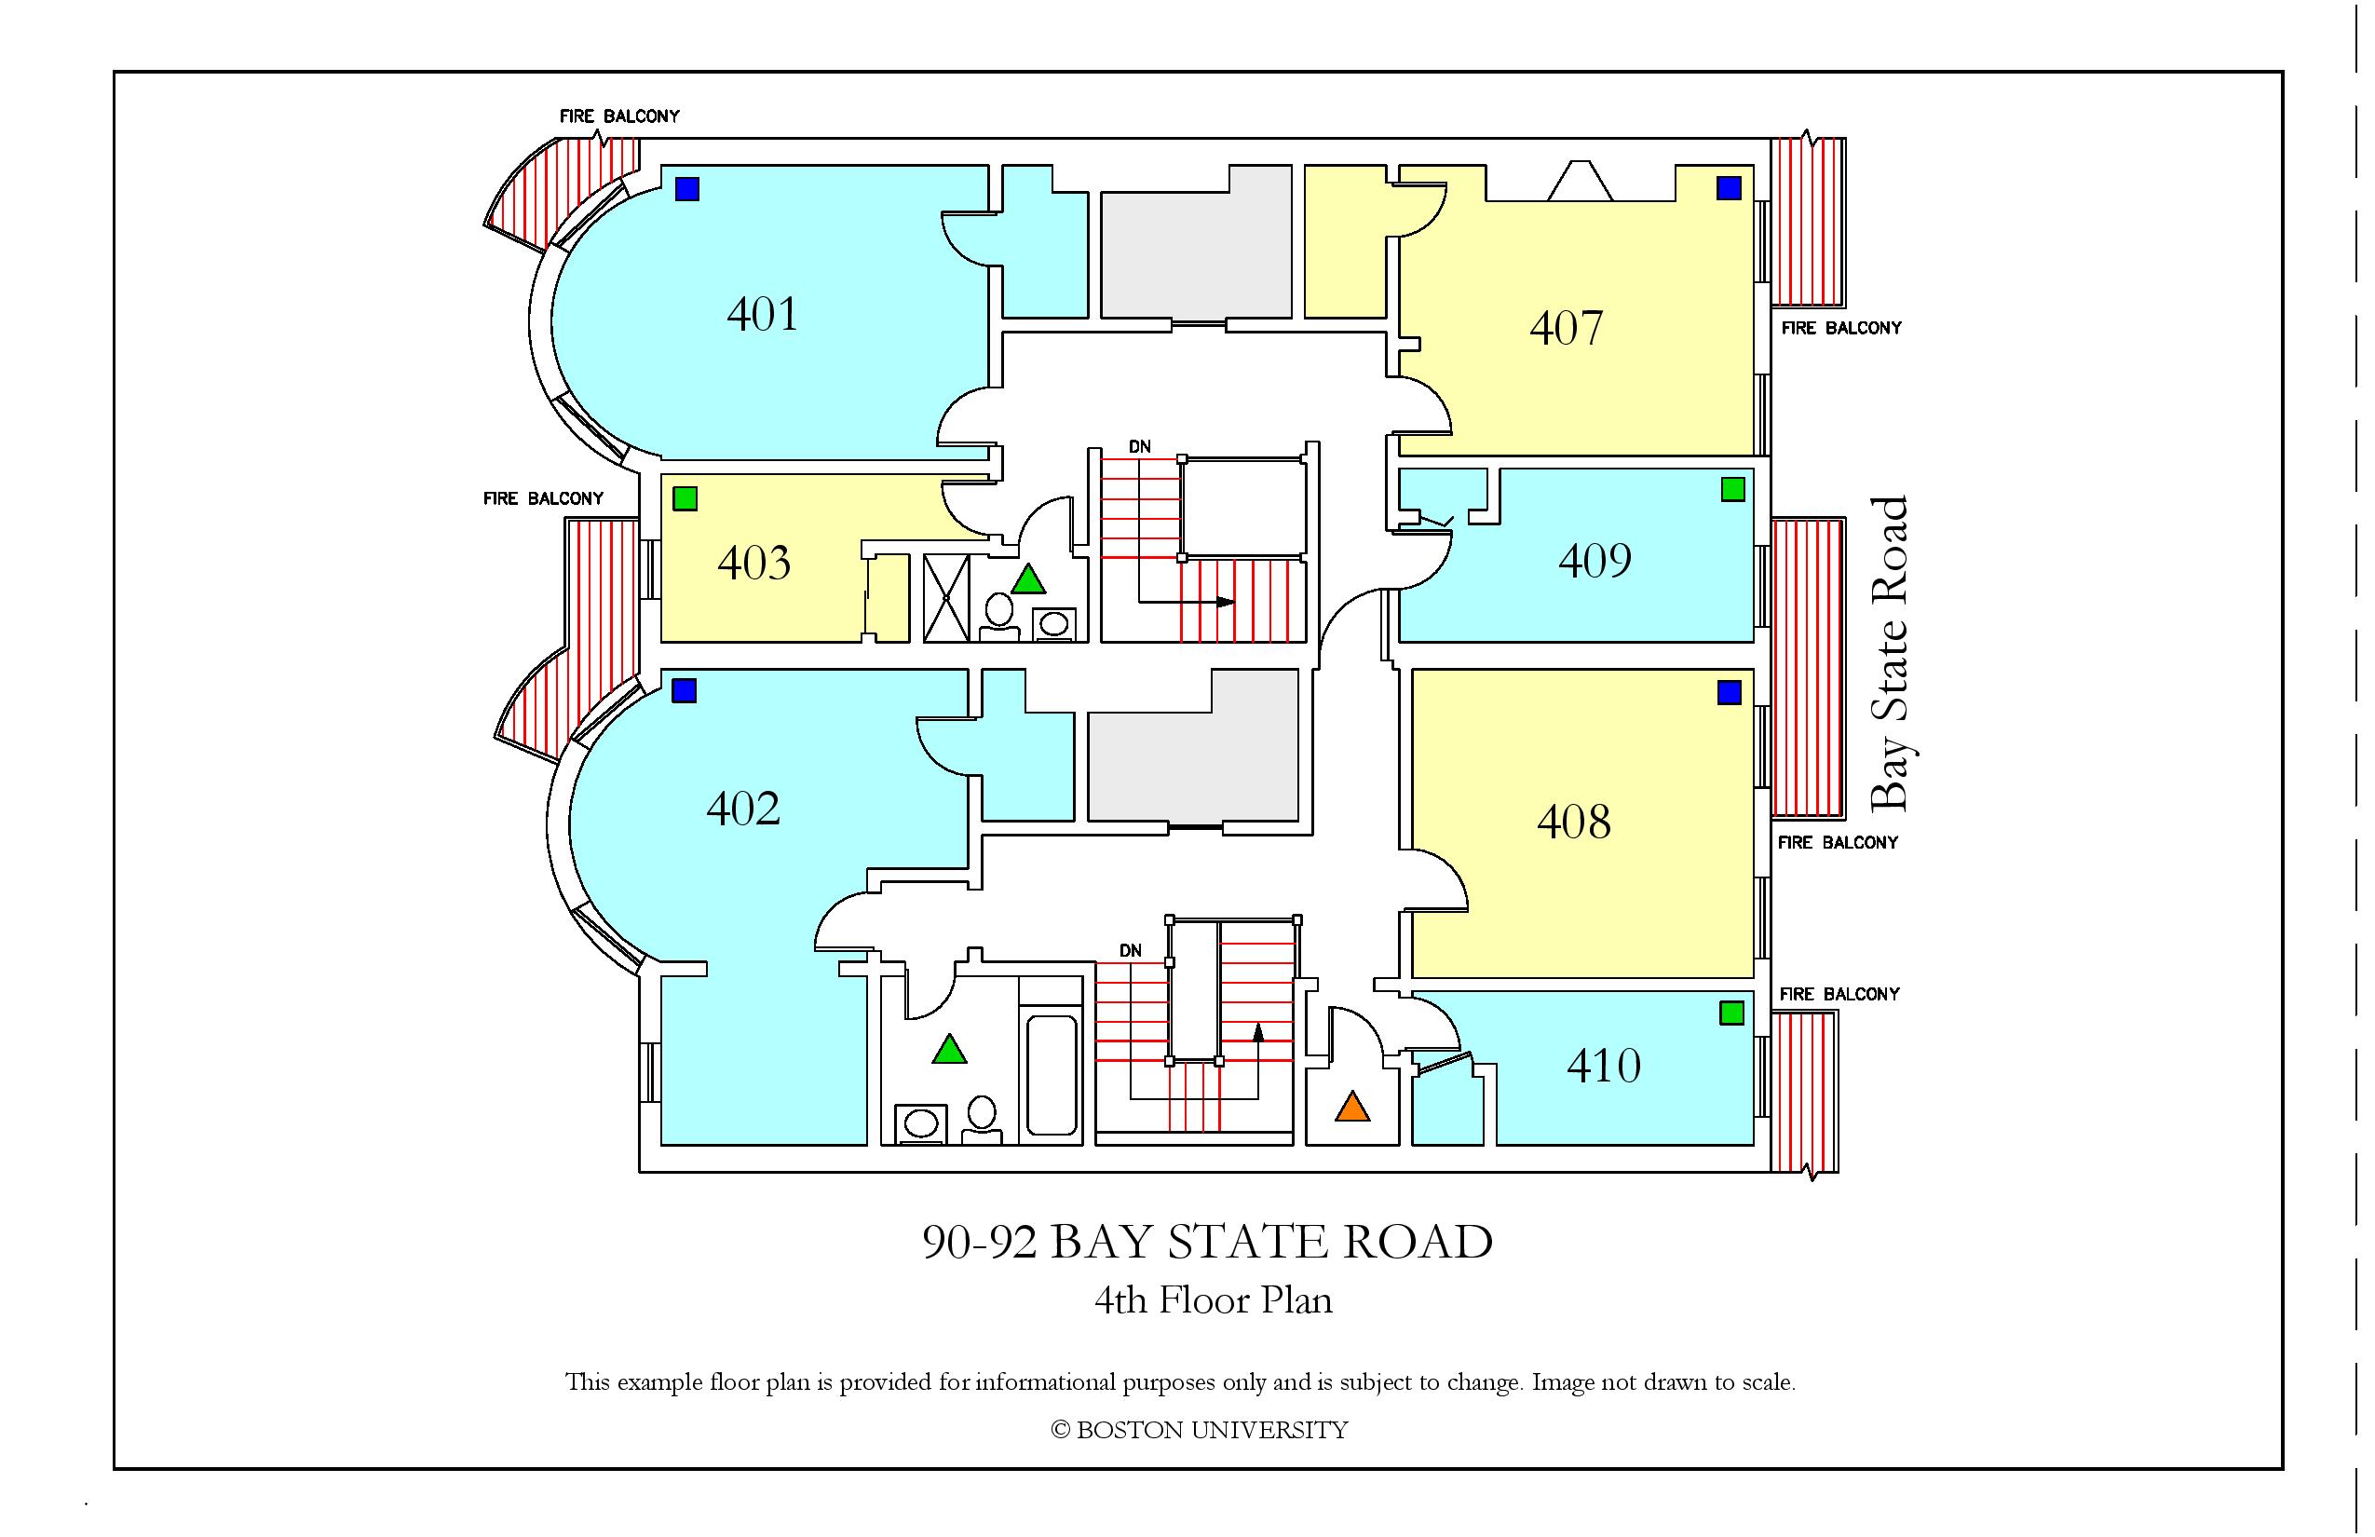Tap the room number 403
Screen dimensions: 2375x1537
[x=753, y=562]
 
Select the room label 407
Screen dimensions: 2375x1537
[x=1566, y=327]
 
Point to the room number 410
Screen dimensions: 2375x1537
[x=1604, y=1066]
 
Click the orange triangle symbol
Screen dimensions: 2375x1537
[x=1351, y=1107]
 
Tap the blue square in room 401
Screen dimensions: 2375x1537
[x=686, y=188]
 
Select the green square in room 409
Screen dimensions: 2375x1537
[x=1733, y=489]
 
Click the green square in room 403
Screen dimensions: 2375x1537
[x=685, y=498]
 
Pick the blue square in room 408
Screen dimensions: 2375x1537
[x=1730, y=691]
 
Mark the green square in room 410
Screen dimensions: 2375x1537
[x=1732, y=1013]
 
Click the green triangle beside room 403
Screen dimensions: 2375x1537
[x=1028, y=579]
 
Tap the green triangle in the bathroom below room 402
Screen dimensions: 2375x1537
[x=949, y=1049]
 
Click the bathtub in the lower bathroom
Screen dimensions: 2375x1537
[x=1052, y=1076]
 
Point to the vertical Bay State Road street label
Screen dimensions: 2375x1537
[x=1888, y=654]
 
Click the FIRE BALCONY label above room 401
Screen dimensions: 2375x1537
[x=618, y=116]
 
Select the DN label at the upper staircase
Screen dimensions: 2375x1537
[x=1140, y=447]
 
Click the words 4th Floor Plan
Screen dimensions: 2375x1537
[x=1214, y=1300]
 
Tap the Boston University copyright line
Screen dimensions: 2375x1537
[x=1200, y=1430]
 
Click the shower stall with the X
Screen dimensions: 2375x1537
[x=946, y=598]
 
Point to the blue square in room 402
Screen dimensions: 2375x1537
[x=684, y=690]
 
